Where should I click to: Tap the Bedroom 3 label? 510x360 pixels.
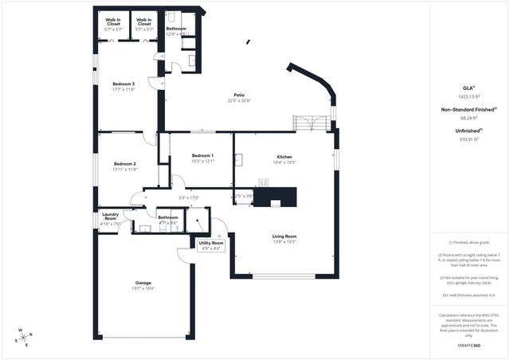(x=123, y=84)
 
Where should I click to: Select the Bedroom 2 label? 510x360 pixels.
(x=124, y=163)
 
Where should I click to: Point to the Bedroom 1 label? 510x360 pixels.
(x=202, y=155)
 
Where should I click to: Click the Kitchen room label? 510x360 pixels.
(x=284, y=156)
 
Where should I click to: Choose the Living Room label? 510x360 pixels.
(x=284, y=236)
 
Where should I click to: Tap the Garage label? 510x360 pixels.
(x=143, y=283)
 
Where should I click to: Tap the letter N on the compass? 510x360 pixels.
(x=30, y=335)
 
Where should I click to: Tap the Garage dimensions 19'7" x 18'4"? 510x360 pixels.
(x=143, y=288)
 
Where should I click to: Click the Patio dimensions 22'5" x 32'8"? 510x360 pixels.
(x=238, y=100)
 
